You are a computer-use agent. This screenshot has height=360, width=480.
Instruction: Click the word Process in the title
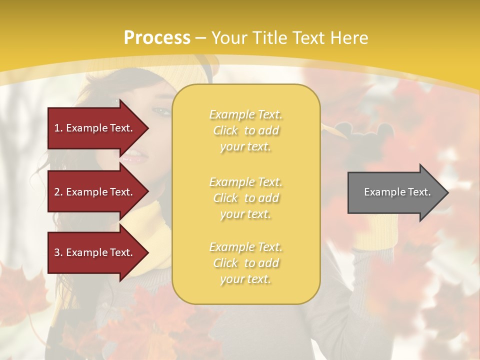click(157, 38)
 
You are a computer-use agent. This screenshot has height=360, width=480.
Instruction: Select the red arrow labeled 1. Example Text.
click(95, 128)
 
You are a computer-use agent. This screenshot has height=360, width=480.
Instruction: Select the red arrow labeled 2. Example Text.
click(95, 192)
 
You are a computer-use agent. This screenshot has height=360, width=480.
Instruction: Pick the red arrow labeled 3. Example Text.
click(95, 252)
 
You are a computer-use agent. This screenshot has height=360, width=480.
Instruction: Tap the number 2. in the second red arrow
click(58, 192)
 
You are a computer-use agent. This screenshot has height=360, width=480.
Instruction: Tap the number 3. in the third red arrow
click(58, 252)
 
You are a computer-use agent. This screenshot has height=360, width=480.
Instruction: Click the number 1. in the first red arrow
click(58, 128)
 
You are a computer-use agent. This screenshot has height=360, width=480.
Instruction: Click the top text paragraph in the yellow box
click(245, 130)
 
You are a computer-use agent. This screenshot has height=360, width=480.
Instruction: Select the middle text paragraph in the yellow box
click(245, 198)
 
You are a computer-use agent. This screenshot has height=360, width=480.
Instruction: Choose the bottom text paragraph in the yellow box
click(245, 263)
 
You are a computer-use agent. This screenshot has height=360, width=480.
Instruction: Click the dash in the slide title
click(201, 38)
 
